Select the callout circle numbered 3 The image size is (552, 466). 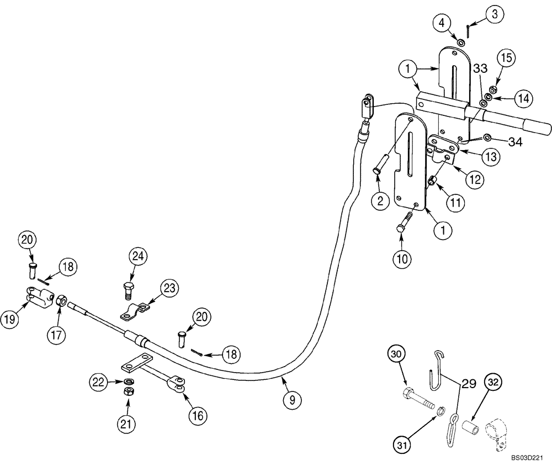pyautogui.click(x=494, y=14)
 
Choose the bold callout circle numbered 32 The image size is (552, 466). pyautogui.click(x=493, y=383)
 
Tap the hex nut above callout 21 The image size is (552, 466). pyautogui.click(x=128, y=391)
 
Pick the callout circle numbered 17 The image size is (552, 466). pyautogui.click(x=59, y=334)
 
